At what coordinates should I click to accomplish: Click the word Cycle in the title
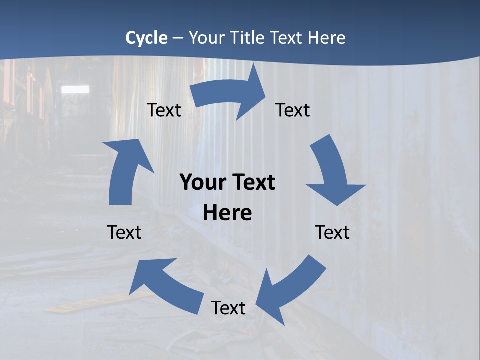click(x=146, y=38)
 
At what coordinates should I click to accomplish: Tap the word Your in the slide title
click(x=205, y=38)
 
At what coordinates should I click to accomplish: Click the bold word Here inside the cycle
click(x=227, y=213)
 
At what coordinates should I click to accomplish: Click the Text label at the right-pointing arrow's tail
click(x=164, y=110)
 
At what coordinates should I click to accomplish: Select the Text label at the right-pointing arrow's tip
click(x=293, y=110)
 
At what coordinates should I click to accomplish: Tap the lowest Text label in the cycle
click(x=228, y=308)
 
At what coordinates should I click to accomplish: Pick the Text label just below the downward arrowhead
click(x=332, y=233)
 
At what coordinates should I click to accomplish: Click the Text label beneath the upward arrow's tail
click(x=124, y=233)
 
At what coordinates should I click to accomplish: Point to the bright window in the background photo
click(x=75, y=89)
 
